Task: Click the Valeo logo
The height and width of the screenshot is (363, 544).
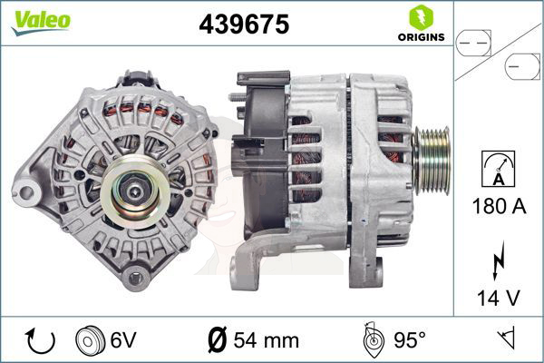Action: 41,23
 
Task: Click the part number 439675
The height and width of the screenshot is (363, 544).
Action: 244,25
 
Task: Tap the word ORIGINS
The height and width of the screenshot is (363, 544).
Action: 422,37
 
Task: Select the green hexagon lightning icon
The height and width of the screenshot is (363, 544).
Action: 422,17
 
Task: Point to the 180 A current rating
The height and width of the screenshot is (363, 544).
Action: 499,206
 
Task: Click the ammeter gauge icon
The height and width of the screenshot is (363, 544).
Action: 499,169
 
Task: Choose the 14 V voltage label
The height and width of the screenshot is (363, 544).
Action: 499,298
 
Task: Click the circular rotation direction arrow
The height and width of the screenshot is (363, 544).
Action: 40,341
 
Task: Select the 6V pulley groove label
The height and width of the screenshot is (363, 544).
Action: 123,339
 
